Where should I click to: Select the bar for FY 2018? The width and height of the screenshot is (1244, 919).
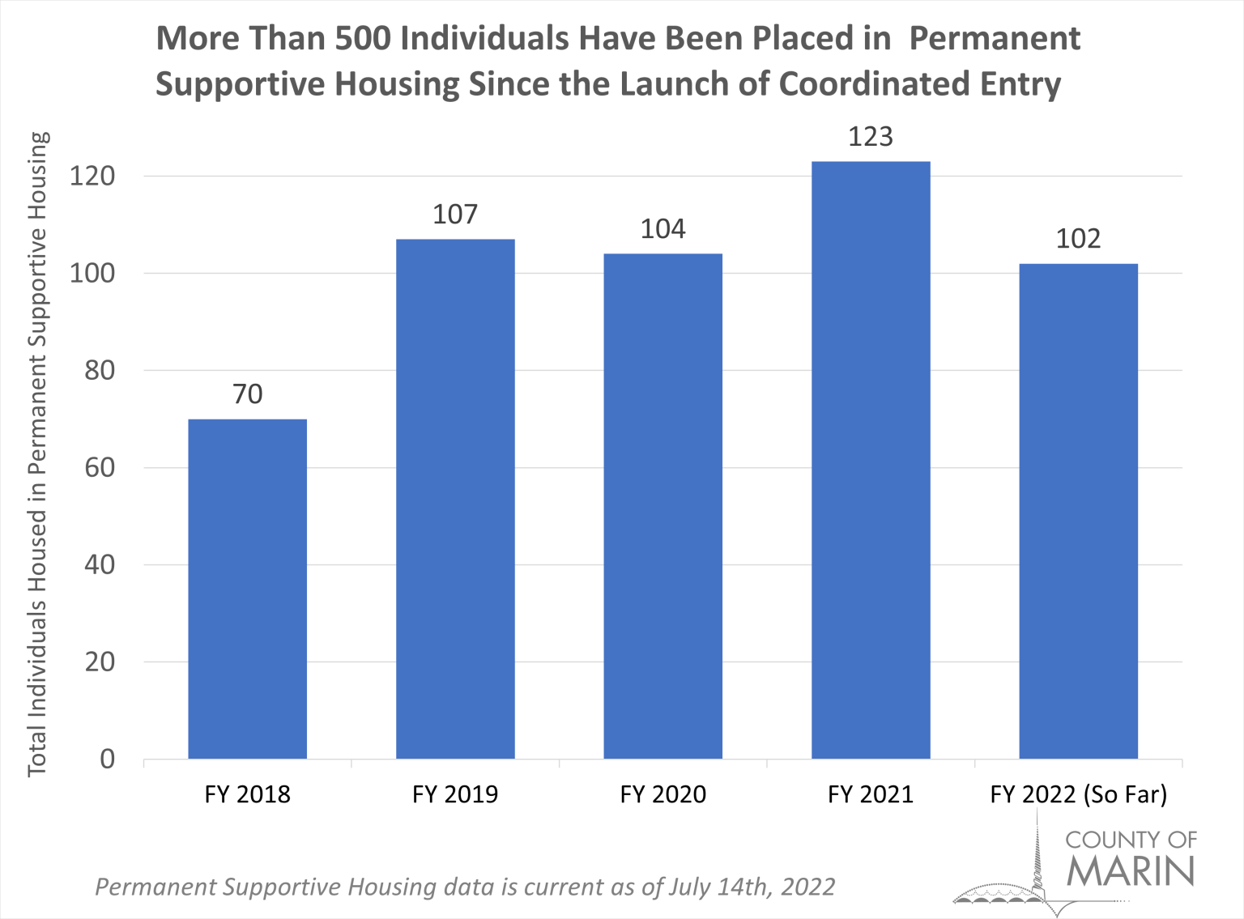click(x=247, y=589)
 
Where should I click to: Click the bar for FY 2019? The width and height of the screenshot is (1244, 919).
click(x=455, y=499)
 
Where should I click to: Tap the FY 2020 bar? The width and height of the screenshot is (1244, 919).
click(x=662, y=506)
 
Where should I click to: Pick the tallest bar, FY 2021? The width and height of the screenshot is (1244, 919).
click(x=871, y=460)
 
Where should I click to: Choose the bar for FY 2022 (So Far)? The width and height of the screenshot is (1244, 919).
click(x=1078, y=511)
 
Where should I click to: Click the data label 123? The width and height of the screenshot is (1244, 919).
click(x=871, y=137)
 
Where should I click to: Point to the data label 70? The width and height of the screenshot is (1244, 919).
click(x=247, y=394)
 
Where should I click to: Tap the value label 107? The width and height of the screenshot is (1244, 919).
click(x=455, y=215)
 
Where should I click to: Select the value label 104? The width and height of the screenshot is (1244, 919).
click(x=662, y=229)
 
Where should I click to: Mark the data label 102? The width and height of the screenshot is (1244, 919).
click(x=1078, y=239)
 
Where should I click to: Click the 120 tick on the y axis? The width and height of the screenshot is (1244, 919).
click(x=92, y=176)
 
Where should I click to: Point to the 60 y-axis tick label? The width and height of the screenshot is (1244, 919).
click(x=100, y=467)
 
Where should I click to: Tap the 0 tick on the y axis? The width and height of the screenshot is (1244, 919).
click(x=108, y=759)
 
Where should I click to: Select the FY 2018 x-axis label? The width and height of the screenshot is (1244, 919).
click(x=247, y=794)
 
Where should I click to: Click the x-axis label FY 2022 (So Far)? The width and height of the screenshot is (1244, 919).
click(x=1078, y=794)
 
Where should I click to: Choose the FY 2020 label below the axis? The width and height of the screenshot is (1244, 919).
click(x=662, y=794)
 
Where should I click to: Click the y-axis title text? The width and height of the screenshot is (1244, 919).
click(x=38, y=453)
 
